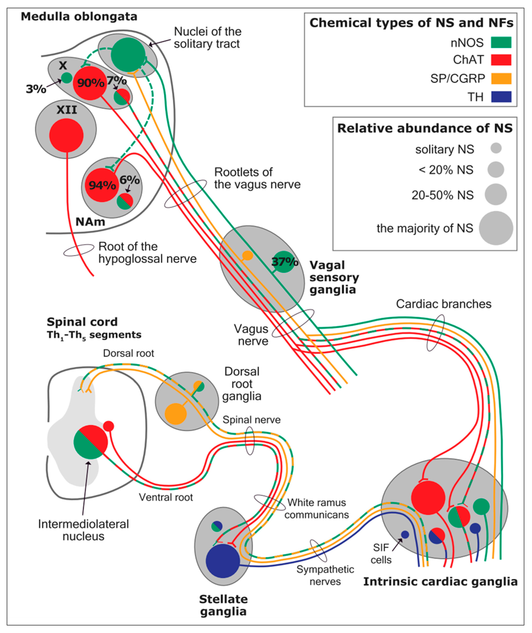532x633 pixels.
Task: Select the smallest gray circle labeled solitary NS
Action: [496, 148]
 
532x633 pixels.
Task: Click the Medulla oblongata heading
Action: [79, 16]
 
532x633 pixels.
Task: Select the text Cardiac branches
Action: [444, 304]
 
